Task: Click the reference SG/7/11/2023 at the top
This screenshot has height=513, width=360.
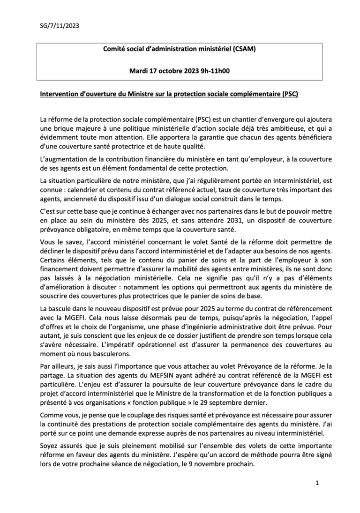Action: point(59,26)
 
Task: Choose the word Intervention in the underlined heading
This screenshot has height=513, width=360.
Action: point(59,94)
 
